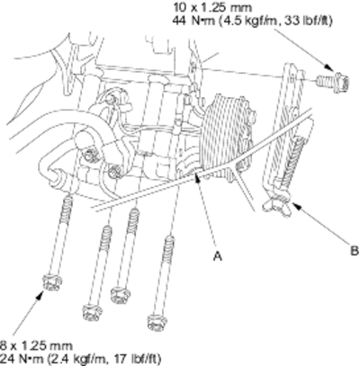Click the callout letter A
(x=218, y=256)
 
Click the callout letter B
(x=355, y=250)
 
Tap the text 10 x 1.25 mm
(x=211, y=7)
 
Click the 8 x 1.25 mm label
(x=36, y=346)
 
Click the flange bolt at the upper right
(x=332, y=80)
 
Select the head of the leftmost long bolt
(x=52, y=282)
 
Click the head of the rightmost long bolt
(x=157, y=322)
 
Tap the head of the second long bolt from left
(x=92, y=312)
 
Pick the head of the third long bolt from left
(x=121, y=294)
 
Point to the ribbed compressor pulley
(x=228, y=129)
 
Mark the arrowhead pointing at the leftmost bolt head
(x=39, y=295)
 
